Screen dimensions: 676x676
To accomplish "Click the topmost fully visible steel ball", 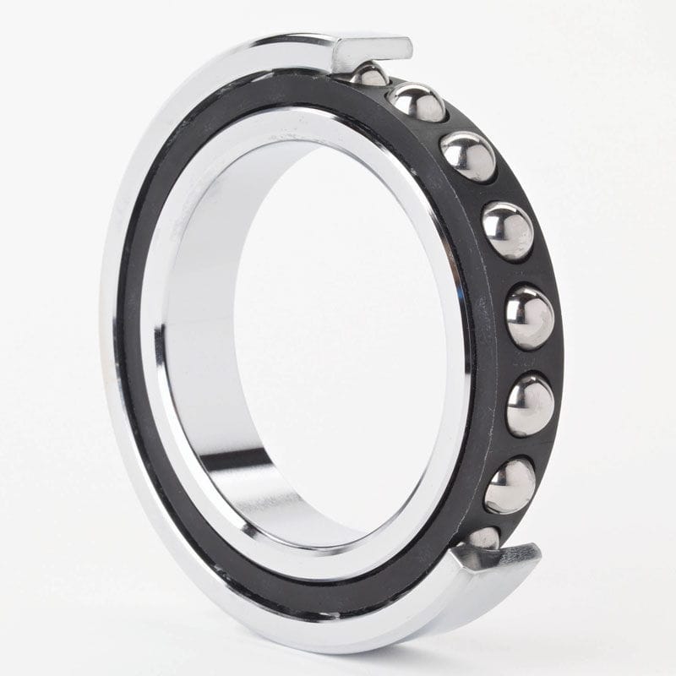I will pos(417,102).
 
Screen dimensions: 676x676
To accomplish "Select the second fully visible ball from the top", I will pos(468,156).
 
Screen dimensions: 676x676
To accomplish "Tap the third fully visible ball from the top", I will pos(508,231).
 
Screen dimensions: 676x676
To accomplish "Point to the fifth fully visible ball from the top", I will pos(530,404).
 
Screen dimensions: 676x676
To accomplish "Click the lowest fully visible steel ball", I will pos(510,485).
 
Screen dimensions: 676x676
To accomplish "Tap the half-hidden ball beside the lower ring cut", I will pos(482,537).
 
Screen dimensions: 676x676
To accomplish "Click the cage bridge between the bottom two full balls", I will pos(522,445).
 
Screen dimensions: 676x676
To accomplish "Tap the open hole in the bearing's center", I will pos(338,338).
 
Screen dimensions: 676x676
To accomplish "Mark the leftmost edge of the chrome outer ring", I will pos(103,338).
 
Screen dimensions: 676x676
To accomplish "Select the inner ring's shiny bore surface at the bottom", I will pos(279,499).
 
